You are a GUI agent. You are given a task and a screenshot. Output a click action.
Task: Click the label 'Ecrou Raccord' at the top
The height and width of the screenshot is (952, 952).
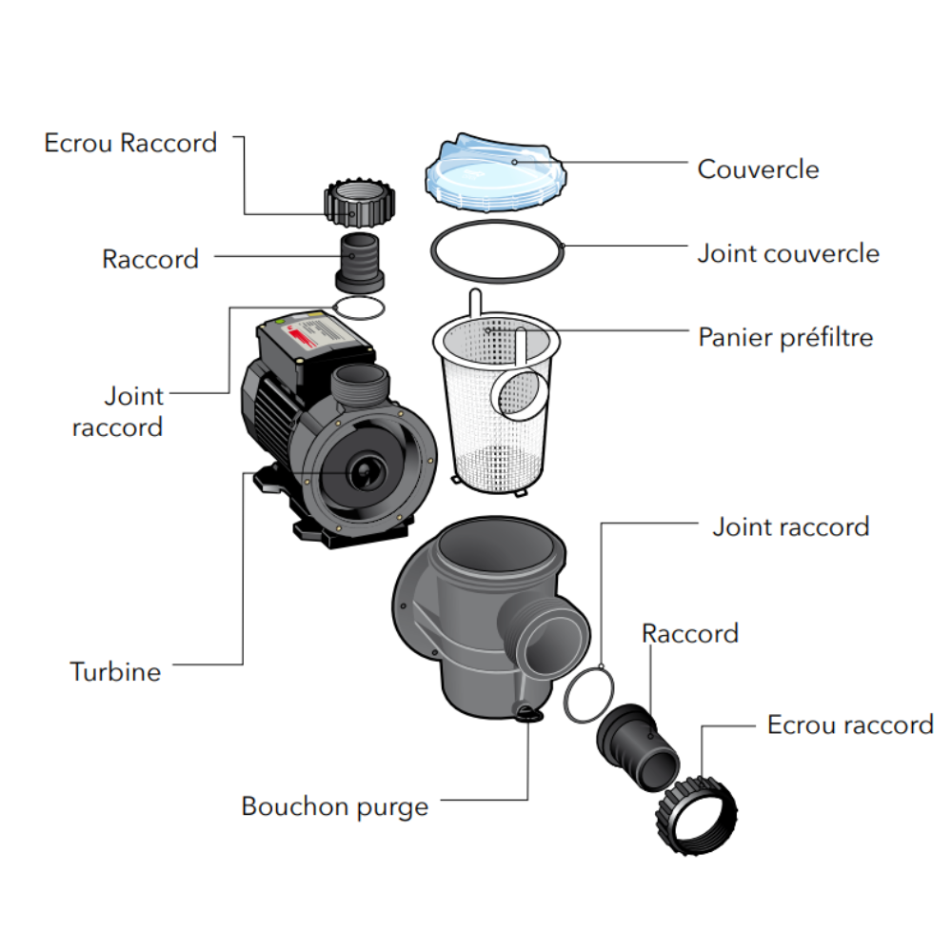coord(130,143)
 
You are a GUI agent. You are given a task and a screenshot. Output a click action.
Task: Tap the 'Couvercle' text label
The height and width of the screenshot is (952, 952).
coord(758,169)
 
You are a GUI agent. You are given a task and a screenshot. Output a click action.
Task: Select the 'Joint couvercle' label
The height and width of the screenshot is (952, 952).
coord(788,253)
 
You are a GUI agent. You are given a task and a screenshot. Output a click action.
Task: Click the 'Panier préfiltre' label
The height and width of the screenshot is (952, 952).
coord(785,337)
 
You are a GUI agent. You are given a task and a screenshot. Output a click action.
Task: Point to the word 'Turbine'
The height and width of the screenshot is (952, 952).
coord(115,671)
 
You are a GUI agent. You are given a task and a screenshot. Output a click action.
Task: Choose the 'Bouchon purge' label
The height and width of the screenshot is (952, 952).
coord(335,807)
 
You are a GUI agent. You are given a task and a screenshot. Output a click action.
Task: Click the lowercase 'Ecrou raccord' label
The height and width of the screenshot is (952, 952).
coord(850,724)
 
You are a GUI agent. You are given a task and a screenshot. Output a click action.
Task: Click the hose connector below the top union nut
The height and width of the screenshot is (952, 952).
coord(360,260)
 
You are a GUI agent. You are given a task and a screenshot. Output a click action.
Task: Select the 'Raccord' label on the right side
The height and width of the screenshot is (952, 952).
coord(690,633)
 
